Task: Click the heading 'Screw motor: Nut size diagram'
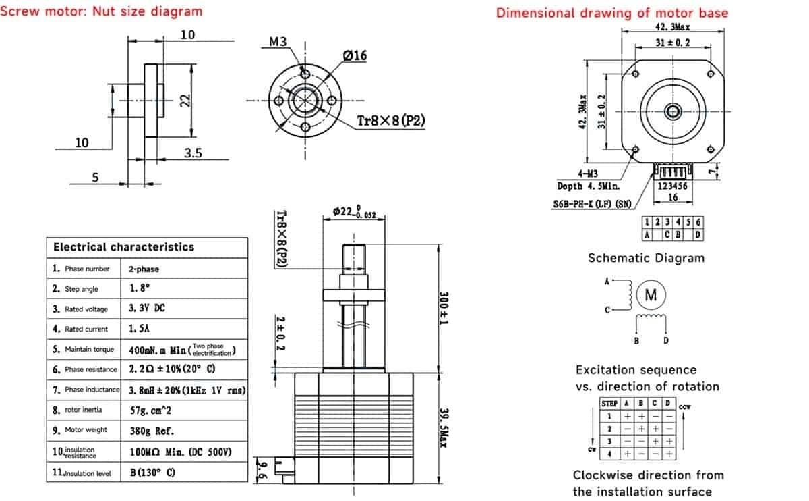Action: click(101, 11)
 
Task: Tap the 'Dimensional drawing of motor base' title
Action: click(612, 13)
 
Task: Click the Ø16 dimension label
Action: click(355, 56)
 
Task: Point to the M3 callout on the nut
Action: click(278, 42)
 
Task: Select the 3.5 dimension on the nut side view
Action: click(193, 153)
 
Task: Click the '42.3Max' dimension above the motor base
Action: click(672, 27)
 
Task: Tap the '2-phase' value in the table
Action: click(144, 269)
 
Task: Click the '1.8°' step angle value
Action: click(140, 288)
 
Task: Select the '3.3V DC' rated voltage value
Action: click(146, 308)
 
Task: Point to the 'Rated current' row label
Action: click(86, 329)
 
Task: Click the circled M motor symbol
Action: click(651, 295)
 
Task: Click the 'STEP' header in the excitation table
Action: click(609, 403)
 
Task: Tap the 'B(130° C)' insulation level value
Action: click(152, 473)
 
